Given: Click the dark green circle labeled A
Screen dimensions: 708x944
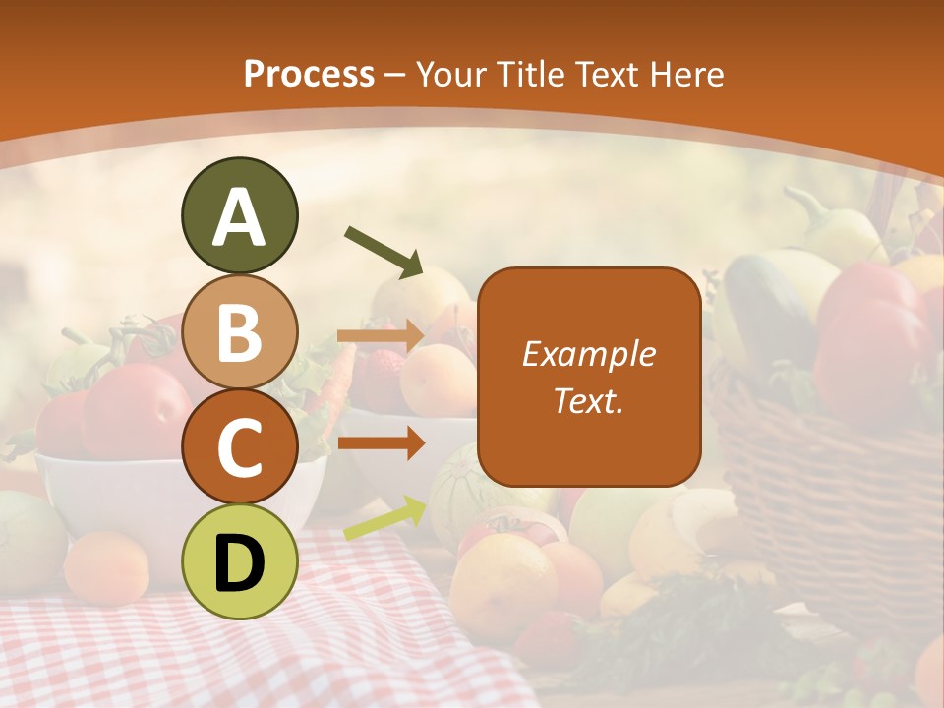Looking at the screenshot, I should click(239, 215).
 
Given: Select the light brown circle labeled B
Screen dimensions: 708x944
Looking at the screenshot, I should click(239, 331).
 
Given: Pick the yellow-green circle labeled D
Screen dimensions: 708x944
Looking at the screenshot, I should click(239, 561).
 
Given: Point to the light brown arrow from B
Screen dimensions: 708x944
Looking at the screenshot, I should click(381, 336).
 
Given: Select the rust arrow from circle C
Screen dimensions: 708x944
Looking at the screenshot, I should click(381, 443).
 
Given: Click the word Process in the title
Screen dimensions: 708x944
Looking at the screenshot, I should click(309, 74).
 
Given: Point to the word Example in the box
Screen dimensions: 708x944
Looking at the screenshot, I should click(588, 354).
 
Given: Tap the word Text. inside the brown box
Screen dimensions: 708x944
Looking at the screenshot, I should click(588, 400).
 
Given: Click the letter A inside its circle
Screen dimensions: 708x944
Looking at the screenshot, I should click(239, 217).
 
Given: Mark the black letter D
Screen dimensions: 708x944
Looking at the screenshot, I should click(239, 563).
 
